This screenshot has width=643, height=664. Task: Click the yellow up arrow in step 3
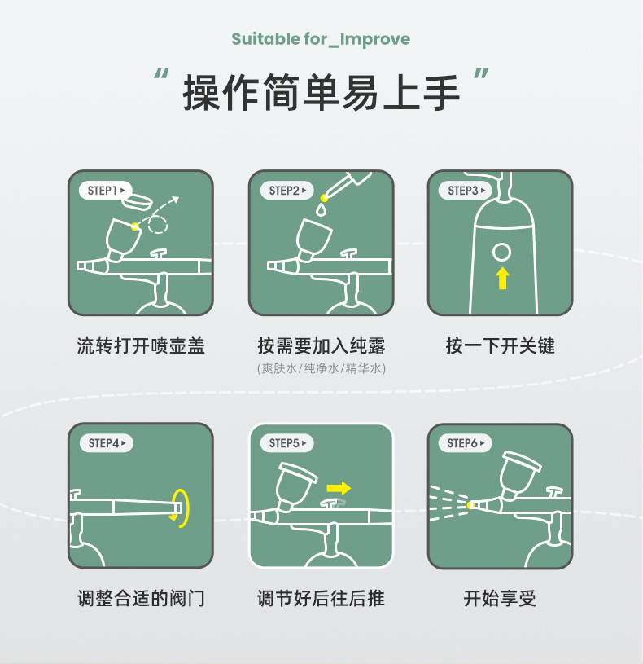tap(502, 278)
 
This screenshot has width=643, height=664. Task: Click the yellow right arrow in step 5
tap(338, 488)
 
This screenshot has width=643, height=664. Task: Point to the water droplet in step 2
tap(321, 210)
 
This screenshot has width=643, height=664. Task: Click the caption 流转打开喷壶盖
tap(141, 345)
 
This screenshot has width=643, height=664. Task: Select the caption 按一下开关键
tap(501, 345)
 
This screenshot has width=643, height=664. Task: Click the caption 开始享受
tap(501, 599)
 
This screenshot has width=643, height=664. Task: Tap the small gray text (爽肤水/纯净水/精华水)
tap(321, 368)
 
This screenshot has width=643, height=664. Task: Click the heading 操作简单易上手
tap(321, 92)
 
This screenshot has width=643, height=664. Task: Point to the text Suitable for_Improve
tap(321, 39)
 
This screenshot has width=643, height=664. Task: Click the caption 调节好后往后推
tap(321, 599)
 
